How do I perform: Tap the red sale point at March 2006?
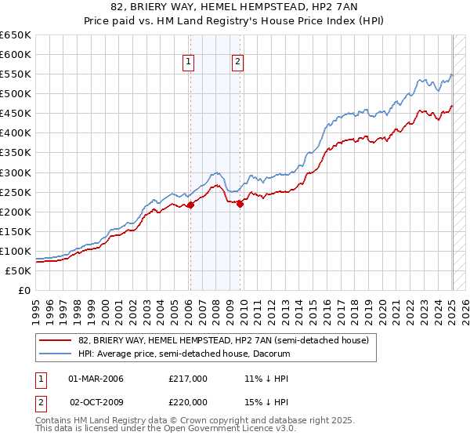190,205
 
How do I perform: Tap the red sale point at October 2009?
240,204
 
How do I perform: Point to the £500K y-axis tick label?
16,94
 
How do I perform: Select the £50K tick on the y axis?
18,270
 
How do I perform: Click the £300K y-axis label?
16,172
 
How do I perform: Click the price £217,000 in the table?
188,379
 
